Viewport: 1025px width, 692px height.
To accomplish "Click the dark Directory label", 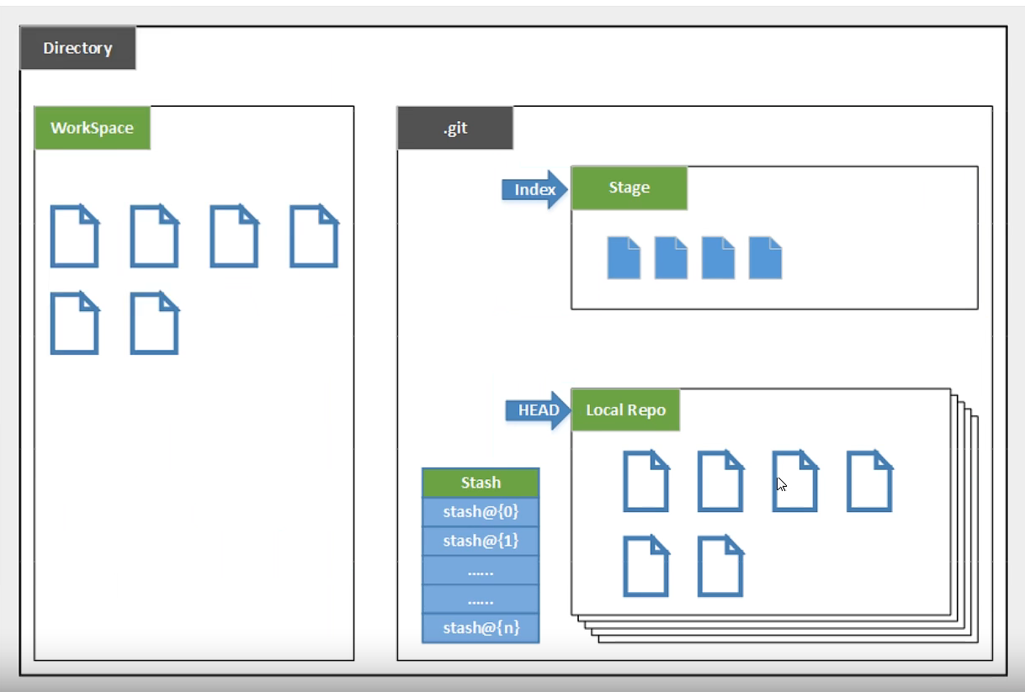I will point(77,48).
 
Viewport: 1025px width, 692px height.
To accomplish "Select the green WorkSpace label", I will point(92,128).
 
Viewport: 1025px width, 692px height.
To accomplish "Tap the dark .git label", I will point(454,129).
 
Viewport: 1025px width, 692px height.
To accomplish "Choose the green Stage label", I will point(629,188).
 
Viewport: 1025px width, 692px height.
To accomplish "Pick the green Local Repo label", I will point(625,410).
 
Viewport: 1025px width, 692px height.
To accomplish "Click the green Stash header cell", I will point(481,483).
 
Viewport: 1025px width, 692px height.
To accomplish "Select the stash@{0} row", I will point(481,511).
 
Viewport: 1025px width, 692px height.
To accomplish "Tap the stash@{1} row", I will point(481,541).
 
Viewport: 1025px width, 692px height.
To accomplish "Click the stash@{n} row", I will point(481,628).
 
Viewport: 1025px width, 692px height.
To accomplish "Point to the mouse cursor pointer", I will point(781,483).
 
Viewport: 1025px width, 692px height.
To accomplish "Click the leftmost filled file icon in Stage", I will point(624,257).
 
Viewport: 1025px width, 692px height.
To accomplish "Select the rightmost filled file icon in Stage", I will point(765,257).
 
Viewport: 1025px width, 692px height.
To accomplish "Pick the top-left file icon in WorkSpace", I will point(75,236).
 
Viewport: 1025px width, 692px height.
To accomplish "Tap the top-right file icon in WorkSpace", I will point(314,236).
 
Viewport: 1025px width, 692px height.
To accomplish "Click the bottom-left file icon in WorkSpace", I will point(75,323).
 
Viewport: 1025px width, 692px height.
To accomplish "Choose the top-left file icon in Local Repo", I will point(645,482).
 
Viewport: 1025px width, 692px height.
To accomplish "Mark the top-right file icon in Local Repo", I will point(869,482).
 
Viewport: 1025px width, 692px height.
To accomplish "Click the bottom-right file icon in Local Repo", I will point(720,567).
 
